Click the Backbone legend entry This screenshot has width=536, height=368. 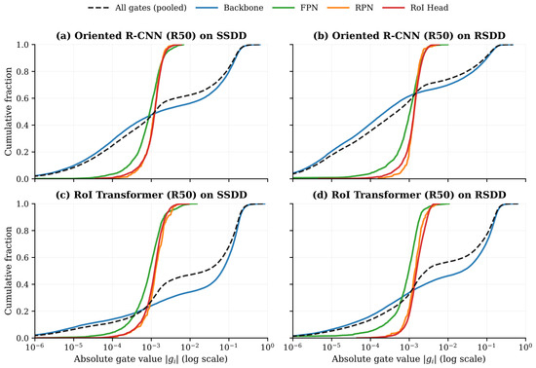tap(230, 8)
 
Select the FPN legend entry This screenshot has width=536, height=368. tap(295, 8)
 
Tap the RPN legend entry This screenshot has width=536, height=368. tap(350, 8)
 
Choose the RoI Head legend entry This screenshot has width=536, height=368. tap(415, 8)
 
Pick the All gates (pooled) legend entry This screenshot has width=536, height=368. tap(137, 8)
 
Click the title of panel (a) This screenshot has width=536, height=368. tap(151, 35)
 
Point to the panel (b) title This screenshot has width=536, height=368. tap(409, 35)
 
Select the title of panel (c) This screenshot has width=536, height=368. tap(151, 195)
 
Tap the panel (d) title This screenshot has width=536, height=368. tap(409, 195)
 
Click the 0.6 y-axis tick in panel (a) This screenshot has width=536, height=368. tap(24, 98)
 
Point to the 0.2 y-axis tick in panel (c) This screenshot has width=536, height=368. tap(24, 312)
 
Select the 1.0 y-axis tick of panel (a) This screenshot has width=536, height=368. tap(24, 45)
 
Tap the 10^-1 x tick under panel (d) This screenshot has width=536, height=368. tap(486, 348)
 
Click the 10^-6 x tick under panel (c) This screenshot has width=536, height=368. tap(34, 348)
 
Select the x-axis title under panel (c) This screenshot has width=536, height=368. tap(151, 359)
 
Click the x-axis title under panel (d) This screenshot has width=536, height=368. tap(409, 359)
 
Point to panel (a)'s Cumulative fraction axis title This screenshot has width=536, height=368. tap(8, 112)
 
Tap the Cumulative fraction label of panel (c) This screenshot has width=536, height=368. tap(8, 271)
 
